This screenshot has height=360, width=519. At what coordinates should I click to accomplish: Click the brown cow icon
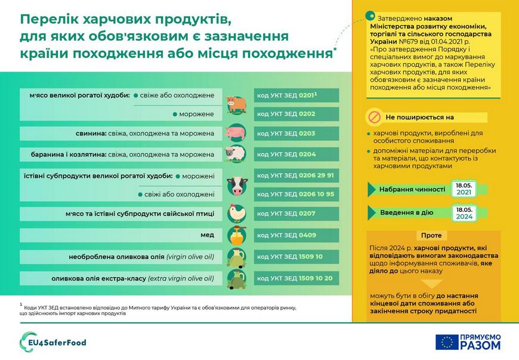(236, 104)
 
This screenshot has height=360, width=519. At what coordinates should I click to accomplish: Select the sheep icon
(236, 154)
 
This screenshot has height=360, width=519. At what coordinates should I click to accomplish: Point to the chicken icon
(236, 213)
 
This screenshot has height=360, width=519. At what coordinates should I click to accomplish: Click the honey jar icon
(236, 235)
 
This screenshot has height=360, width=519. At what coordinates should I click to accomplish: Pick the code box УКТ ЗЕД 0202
(296, 113)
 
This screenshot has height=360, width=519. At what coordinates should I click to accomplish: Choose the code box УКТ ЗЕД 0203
(296, 134)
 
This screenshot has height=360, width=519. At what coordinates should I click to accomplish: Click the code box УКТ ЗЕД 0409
(296, 235)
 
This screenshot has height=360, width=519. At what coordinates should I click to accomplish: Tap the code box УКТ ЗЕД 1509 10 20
(296, 278)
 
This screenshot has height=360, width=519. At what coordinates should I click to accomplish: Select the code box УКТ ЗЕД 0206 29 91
(296, 176)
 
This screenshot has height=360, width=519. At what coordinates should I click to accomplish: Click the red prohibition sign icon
(374, 116)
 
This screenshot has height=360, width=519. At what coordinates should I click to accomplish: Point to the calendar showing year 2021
(464, 189)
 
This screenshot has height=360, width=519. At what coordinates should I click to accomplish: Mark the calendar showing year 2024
(464, 213)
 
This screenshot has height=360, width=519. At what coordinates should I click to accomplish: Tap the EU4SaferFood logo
(54, 342)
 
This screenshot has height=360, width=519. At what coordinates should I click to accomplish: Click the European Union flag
(447, 342)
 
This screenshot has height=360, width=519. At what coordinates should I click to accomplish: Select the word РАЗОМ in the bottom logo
(481, 346)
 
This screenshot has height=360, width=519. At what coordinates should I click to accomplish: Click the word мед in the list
(207, 235)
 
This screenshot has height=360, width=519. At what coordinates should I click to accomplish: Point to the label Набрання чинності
(412, 190)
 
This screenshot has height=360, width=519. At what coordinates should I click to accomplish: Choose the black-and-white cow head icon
(236, 185)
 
